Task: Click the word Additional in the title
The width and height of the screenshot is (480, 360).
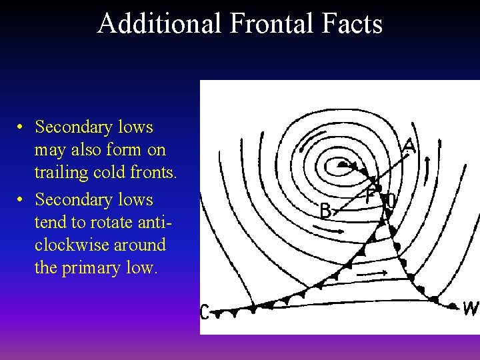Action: (159, 23)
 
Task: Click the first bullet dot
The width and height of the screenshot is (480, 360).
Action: (22, 127)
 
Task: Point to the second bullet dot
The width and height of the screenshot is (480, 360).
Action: (22, 200)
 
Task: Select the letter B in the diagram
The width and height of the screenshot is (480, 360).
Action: (326, 211)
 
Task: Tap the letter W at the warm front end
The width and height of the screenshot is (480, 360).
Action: (471, 309)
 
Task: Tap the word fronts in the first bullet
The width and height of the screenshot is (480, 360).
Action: (155, 173)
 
